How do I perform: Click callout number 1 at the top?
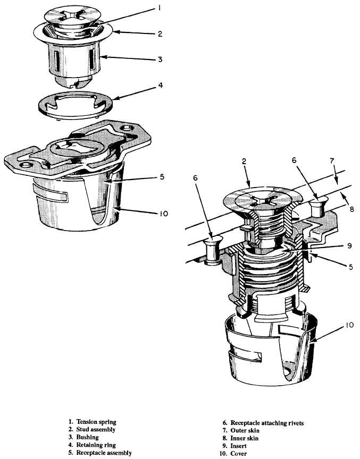[x=159, y=8]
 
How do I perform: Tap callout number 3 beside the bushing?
[x=160, y=59]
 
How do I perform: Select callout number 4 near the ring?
[x=160, y=86]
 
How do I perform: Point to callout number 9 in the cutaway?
[x=349, y=245]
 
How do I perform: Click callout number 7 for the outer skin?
[x=332, y=160]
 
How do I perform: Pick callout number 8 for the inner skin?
[x=352, y=209]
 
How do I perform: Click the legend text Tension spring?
[x=96, y=422]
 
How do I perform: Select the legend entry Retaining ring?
[x=96, y=445]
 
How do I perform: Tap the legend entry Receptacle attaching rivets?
[x=267, y=423]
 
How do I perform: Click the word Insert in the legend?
[x=239, y=446]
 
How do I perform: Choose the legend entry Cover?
[x=239, y=454]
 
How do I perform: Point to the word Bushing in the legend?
[x=88, y=437]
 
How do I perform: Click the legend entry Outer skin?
[x=245, y=430]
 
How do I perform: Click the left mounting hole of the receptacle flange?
[x=24, y=165]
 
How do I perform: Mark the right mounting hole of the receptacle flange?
[x=127, y=128]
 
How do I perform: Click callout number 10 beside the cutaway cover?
[x=349, y=325]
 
